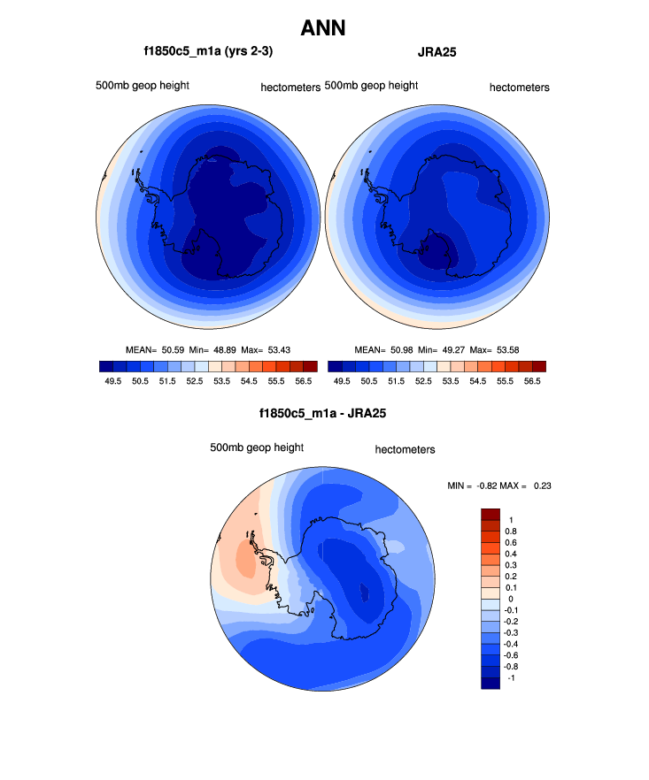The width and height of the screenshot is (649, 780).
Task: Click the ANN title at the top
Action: coord(323,28)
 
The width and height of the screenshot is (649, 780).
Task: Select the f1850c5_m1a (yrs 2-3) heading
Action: coord(208,52)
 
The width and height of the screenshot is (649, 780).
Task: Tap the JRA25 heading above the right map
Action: coord(437,52)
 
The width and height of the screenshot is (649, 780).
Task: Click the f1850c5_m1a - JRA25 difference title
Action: coord(322,413)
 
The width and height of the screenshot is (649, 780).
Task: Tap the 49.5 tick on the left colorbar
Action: coord(112,380)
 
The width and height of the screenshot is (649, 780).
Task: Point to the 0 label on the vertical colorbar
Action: coord(508,600)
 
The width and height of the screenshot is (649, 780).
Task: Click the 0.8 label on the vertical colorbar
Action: coord(511,531)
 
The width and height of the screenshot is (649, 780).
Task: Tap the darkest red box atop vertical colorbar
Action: coord(491,514)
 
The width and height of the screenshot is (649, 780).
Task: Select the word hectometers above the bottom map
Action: coord(405,449)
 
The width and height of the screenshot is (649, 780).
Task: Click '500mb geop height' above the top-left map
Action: coord(143,85)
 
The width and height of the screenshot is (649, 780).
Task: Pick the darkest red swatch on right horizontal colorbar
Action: coord(539,365)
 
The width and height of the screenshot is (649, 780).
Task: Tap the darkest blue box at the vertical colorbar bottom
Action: coord(491,682)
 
